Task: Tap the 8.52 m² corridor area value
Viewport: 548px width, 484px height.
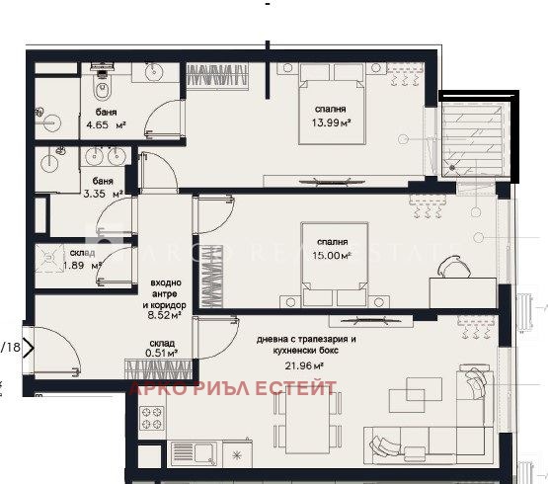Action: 164,316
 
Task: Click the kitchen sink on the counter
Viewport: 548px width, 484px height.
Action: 206,454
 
